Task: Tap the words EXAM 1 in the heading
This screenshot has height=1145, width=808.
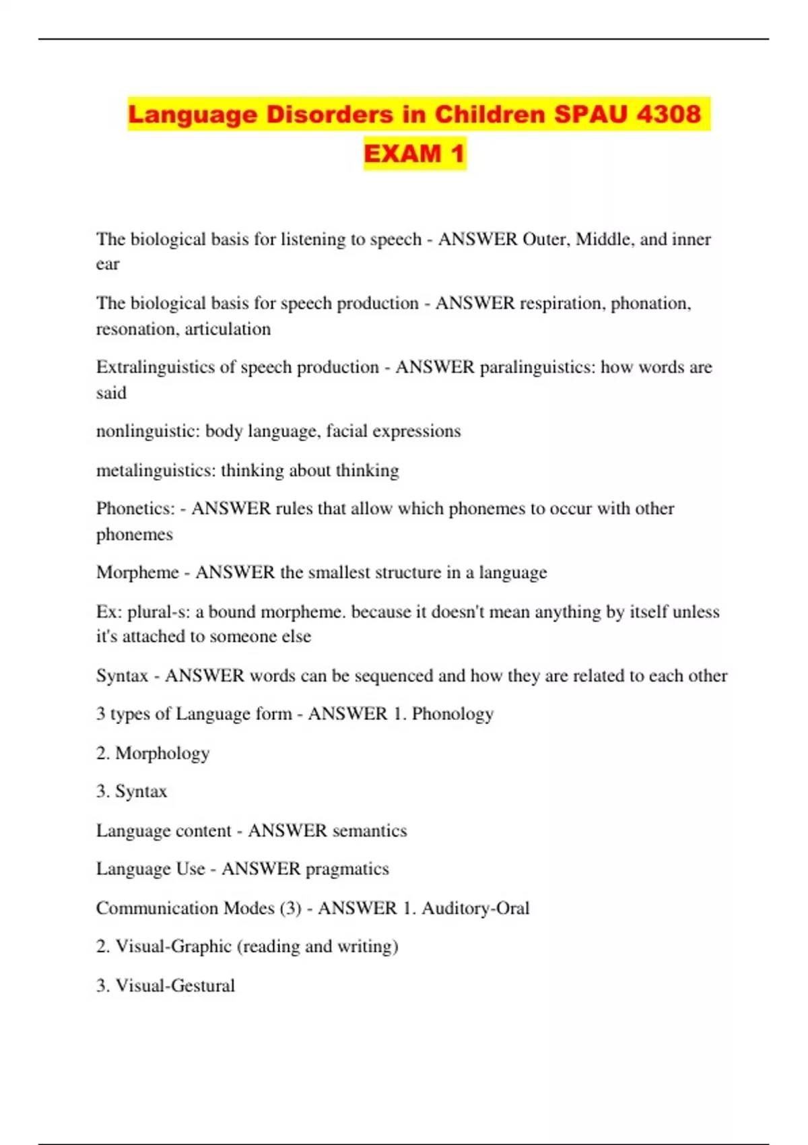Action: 415,154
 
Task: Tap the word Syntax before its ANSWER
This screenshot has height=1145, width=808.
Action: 122,676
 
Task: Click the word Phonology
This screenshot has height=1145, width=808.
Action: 452,714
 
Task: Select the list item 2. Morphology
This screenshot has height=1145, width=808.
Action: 153,753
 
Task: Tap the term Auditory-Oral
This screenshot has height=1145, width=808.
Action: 475,908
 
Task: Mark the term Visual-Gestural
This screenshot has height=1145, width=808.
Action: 175,985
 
